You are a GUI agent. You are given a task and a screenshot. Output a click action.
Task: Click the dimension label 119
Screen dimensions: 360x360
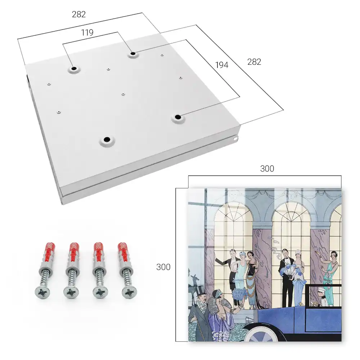tap(87, 33)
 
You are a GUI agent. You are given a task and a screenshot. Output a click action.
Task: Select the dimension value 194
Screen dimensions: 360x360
tap(222, 65)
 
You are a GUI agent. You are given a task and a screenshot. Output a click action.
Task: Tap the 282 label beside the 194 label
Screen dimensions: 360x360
tap(254, 62)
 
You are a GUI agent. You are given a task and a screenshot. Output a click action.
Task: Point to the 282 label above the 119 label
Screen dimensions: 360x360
tap(79, 14)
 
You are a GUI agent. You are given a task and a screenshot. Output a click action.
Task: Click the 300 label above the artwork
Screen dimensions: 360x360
tap(267, 169)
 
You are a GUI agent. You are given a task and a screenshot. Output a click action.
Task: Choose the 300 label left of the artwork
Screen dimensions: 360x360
tap(163, 267)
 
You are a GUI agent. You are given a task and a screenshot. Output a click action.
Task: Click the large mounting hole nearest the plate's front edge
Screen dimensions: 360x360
tap(107, 139)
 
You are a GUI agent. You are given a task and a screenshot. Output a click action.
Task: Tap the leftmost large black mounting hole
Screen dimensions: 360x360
tap(74, 68)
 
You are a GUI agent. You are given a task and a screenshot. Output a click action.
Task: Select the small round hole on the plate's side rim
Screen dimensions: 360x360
tap(236, 139)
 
